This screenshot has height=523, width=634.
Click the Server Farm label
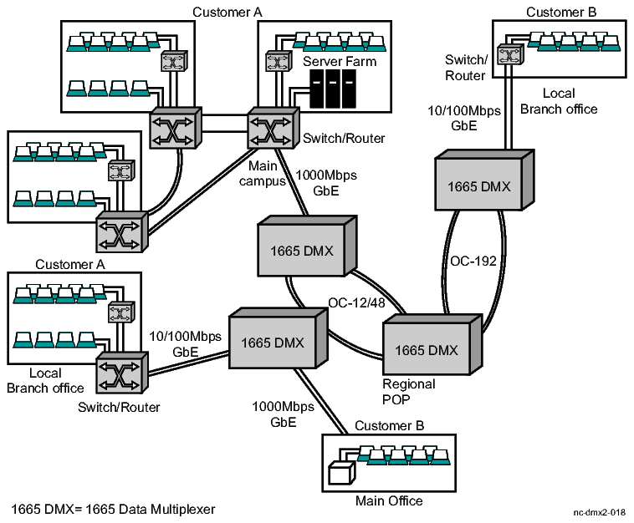click(x=340, y=62)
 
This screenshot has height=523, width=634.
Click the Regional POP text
click(x=409, y=391)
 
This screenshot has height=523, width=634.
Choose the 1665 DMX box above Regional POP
click(x=427, y=350)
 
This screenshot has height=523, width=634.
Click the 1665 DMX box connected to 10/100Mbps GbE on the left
click(x=273, y=343)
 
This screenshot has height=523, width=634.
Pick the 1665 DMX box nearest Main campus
click(x=300, y=250)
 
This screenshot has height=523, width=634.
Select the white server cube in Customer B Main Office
click(x=340, y=474)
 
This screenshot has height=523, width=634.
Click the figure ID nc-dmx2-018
click(x=599, y=511)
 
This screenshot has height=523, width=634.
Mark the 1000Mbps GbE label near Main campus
click(x=320, y=183)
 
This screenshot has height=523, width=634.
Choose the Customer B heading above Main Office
click(x=389, y=425)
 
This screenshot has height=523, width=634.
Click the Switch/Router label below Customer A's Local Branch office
click(x=119, y=407)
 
